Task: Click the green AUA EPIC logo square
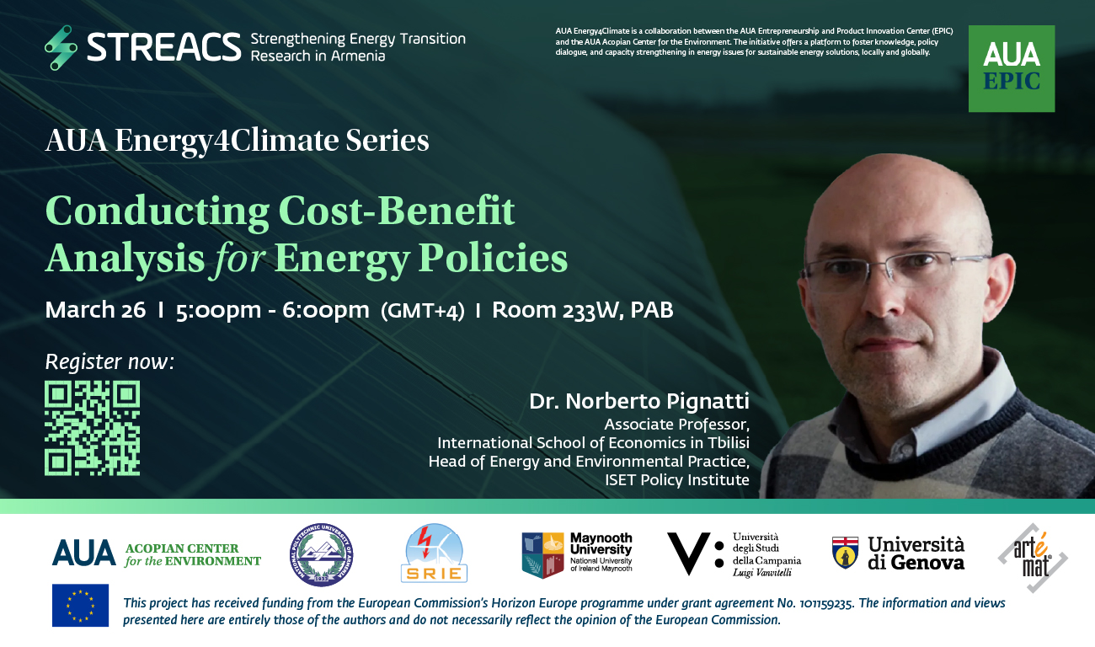(x=1012, y=68)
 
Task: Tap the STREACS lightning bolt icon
(x=61, y=47)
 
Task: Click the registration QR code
(x=93, y=428)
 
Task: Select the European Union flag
(x=80, y=606)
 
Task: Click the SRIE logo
(x=434, y=553)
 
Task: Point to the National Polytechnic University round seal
(x=321, y=554)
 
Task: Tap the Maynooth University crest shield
(x=542, y=555)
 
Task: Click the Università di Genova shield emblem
(x=845, y=552)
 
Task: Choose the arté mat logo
(x=1033, y=558)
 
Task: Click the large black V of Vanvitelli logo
(x=689, y=553)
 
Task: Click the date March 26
(x=95, y=309)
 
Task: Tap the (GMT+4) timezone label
(x=422, y=311)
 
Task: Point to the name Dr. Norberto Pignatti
(x=639, y=401)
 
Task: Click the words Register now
(x=109, y=362)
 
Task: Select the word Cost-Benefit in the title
(x=397, y=211)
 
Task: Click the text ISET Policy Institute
(x=677, y=479)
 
